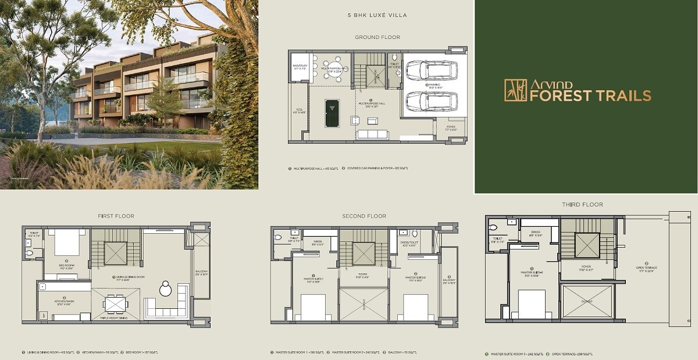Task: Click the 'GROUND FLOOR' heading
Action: tap(378, 37)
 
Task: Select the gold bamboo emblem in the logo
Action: tap(515, 90)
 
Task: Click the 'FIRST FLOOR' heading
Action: tap(116, 216)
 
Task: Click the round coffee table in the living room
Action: tap(166, 287)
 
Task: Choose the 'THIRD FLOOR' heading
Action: tap(582, 205)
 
